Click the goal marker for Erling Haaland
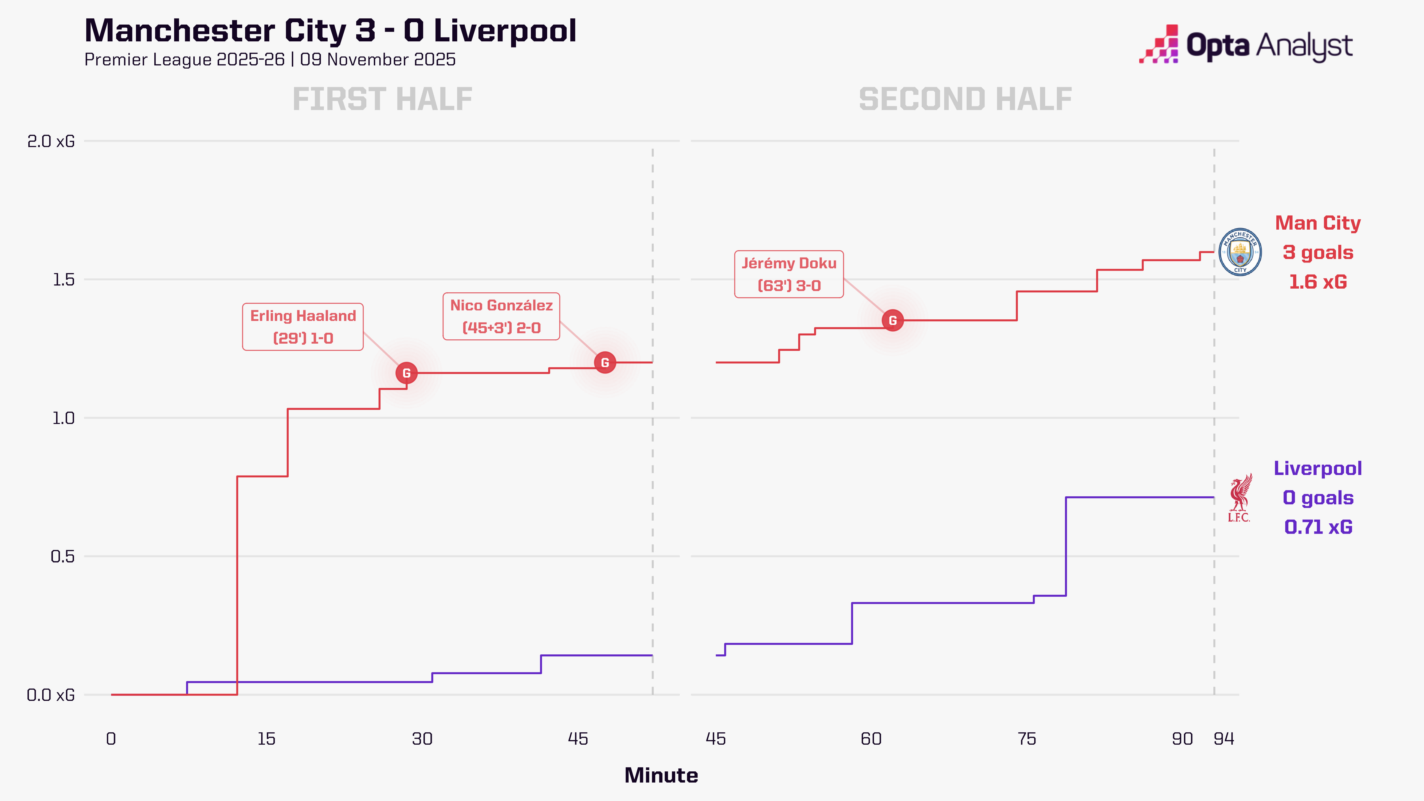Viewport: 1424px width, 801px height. (x=406, y=373)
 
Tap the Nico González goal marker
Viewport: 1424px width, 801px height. (x=605, y=363)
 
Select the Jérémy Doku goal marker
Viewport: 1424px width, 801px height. (x=893, y=321)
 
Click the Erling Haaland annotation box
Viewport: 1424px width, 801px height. (x=303, y=327)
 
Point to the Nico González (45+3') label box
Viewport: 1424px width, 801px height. (x=501, y=316)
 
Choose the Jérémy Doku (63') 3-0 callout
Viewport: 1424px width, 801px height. (x=789, y=274)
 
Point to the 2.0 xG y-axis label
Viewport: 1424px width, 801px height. (x=51, y=142)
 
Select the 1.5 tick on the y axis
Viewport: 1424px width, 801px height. (x=63, y=280)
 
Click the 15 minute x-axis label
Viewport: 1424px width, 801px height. (x=266, y=739)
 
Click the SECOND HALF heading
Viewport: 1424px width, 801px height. (x=965, y=100)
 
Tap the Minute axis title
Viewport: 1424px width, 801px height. (x=661, y=776)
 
